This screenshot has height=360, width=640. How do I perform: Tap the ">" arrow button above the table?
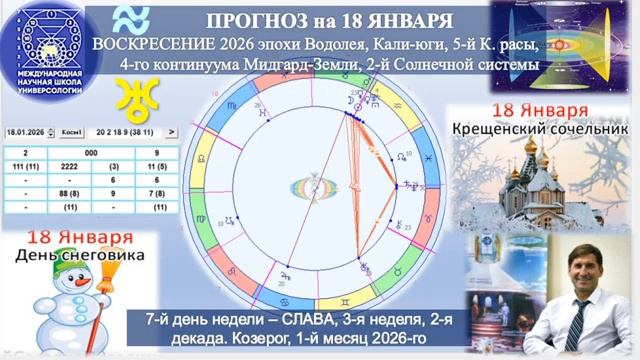pos(171,132)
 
